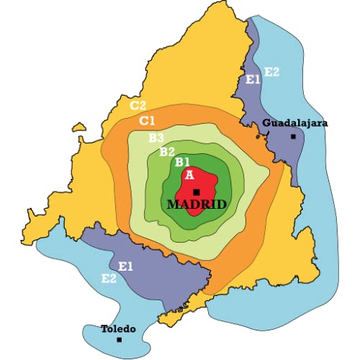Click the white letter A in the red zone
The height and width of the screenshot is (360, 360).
point(189,174)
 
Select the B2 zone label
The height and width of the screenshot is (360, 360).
point(167,151)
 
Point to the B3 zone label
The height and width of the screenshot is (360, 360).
point(156,137)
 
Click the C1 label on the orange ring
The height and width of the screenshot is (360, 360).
point(148,120)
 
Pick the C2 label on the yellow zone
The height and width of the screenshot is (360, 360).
point(138,105)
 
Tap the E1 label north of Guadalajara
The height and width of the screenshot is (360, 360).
point(253,79)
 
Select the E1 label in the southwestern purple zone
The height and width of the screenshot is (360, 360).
point(126,266)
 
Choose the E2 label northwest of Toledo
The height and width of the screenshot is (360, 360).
point(109,278)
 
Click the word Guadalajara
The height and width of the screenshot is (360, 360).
point(295,123)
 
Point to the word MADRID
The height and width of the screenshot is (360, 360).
point(197,204)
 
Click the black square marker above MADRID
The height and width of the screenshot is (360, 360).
point(197,192)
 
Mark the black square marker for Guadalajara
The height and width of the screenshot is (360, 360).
point(293,136)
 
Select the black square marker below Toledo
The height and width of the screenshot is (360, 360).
point(120,339)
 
